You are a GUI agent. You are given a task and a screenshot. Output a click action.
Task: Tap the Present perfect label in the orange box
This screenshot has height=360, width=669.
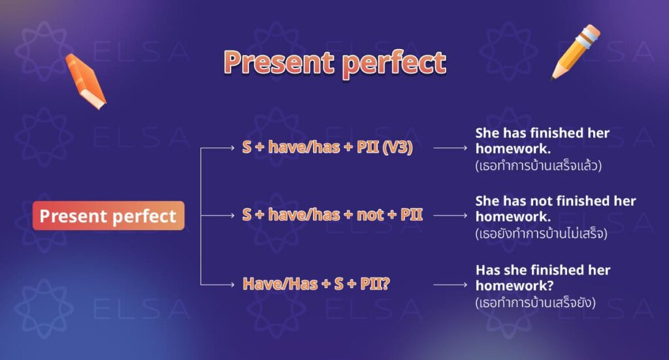(x=108, y=216)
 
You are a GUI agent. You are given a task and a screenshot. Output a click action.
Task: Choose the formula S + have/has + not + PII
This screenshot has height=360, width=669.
(x=333, y=215)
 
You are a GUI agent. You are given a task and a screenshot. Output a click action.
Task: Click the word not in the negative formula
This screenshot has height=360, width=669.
(x=370, y=215)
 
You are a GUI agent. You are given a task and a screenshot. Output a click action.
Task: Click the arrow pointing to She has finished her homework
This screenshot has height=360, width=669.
(x=450, y=148)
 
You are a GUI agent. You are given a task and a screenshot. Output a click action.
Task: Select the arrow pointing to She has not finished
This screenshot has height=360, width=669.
(x=450, y=215)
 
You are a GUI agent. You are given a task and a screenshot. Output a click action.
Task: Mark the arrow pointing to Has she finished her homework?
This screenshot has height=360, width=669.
(x=450, y=284)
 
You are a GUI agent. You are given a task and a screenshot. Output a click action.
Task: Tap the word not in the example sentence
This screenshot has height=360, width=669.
(x=546, y=201)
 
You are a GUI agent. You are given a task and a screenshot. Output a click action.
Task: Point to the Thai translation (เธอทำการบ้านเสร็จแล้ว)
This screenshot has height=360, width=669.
(x=538, y=166)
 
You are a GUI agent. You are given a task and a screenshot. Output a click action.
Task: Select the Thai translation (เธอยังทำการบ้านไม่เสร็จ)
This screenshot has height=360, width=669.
(x=542, y=233)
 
